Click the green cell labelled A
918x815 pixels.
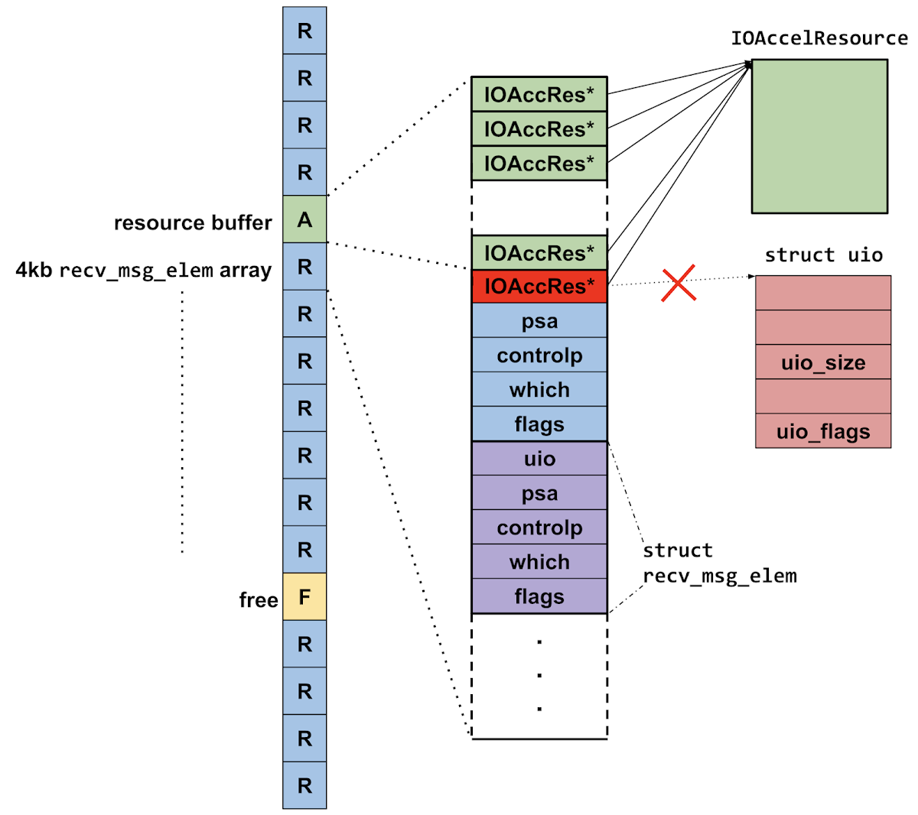point(304,219)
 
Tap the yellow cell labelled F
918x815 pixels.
point(304,596)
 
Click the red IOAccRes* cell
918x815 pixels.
point(539,286)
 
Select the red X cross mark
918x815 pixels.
point(679,283)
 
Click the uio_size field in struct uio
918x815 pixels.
point(823,362)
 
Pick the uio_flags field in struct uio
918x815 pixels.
point(823,431)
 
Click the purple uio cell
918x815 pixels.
point(539,459)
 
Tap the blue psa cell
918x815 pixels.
point(539,321)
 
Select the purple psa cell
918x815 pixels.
point(539,493)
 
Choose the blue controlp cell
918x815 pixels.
point(539,356)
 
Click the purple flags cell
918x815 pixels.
point(539,596)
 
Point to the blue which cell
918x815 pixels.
point(539,390)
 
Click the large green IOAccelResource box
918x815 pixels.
point(819,136)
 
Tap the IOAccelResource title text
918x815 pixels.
point(819,38)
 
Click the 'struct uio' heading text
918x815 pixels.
point(823,255)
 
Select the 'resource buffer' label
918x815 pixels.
point(193,222)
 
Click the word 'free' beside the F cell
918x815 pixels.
point(258,600)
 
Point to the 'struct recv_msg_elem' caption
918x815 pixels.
point(719,563)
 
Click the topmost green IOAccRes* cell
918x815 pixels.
point(539,94)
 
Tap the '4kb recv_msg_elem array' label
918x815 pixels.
point(144,271)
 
